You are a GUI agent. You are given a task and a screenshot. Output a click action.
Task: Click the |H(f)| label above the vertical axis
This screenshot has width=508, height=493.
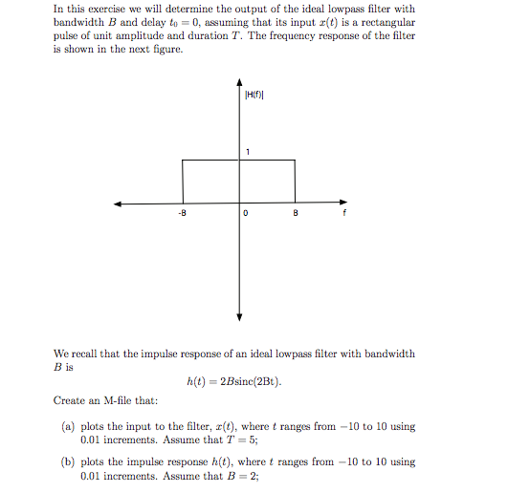253,95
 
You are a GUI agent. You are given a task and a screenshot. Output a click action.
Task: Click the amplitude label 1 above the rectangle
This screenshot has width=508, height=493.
247,152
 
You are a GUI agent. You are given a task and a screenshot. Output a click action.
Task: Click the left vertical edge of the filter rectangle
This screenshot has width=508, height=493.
183,182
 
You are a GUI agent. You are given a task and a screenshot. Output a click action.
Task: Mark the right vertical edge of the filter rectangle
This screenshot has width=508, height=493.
295,182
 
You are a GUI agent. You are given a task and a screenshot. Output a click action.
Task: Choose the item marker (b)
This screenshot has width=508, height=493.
72,461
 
